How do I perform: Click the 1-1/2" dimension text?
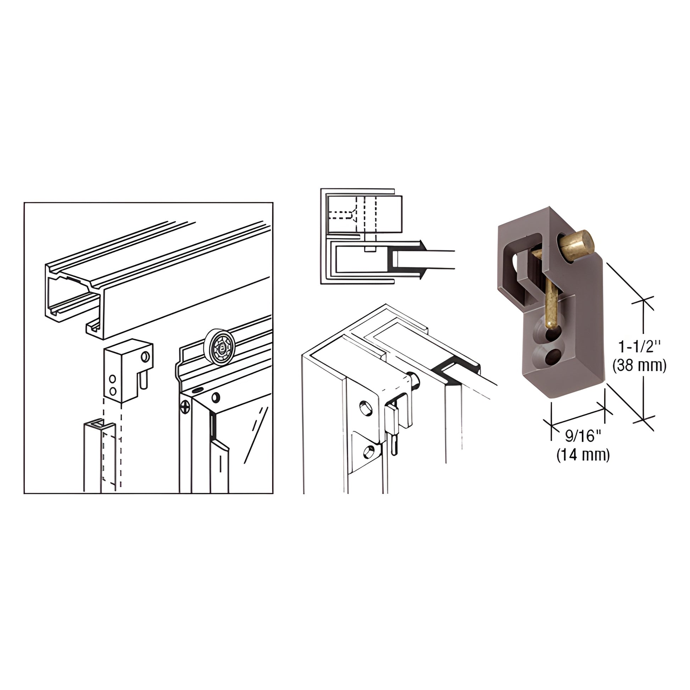coord(640,347)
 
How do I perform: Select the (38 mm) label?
coord(639,366)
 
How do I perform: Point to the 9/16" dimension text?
coord(583,436)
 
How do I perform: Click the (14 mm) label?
coord(583,455)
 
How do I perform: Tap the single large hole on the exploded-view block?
coord(145,356)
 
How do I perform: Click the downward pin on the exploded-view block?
coord(143,382)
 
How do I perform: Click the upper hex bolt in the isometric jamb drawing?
coord(365,408)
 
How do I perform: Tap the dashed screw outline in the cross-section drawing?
coord(341,215)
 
